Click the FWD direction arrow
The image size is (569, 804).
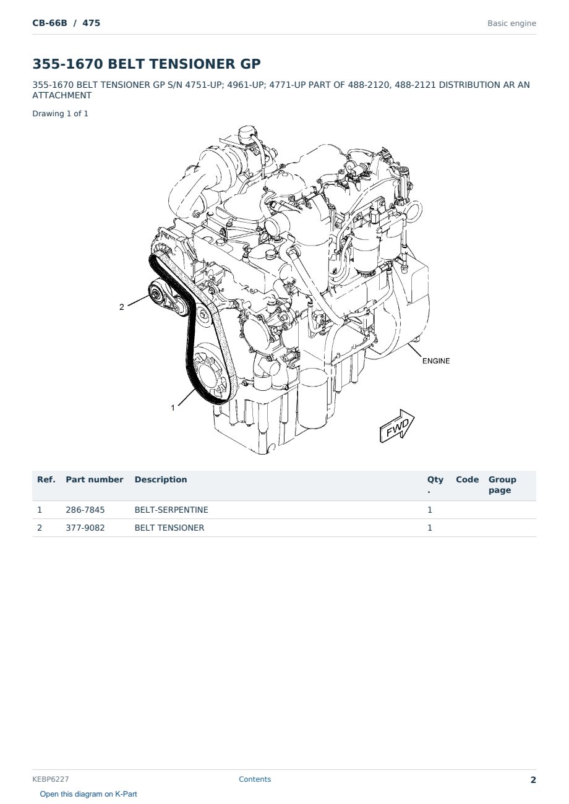coord(397,426)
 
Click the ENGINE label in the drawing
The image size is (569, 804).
coord(436,361)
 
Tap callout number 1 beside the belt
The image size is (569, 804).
coord(173,408)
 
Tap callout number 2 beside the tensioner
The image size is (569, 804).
coord(122,307)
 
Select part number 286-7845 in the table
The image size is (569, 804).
coord(85,510)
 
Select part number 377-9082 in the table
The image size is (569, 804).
coord(85,528)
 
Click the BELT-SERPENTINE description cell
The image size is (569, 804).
coord(171,510)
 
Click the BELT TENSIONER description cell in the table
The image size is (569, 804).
coord(169,528)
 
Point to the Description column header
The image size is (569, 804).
coord(161,479)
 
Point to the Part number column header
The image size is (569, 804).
coord(95,479)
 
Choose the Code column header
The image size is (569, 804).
coord(467,479)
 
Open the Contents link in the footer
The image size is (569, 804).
coord(255,779)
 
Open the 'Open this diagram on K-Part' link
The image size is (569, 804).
coord(88,794)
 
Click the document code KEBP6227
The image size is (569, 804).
coord(51,779)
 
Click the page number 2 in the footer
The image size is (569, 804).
coord(533,780)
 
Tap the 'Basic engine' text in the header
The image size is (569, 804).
coord(511,24)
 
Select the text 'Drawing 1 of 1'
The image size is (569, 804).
coord(61,114)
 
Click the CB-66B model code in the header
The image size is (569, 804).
coord(49,23)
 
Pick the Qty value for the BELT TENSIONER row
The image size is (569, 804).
coord(430,528)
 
